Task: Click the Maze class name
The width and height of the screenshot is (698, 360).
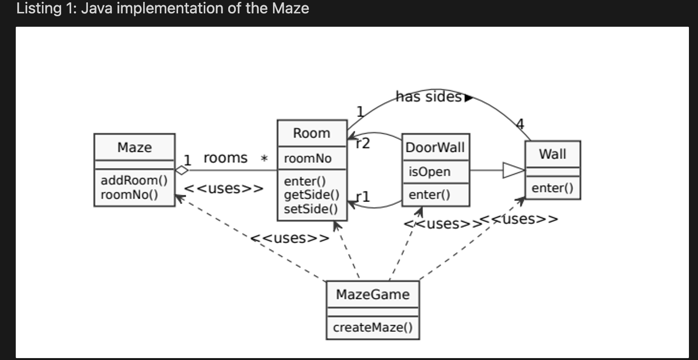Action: [134, 147]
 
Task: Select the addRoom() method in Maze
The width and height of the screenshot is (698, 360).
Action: [134, 180]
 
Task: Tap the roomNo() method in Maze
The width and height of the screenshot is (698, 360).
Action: [129, 194]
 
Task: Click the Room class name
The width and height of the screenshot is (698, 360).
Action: [311, 133]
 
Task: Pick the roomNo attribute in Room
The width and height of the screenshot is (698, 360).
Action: [307, 159]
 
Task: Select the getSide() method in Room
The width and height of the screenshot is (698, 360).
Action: [311, 195]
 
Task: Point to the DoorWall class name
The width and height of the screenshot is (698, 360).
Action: [434, 147]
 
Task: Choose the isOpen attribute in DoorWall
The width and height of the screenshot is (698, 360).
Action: [429, 172]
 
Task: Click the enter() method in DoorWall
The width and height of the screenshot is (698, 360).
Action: [429, 195]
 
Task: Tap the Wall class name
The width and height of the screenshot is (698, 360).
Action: [552, 154]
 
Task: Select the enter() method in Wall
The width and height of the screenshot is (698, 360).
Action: [552, 188]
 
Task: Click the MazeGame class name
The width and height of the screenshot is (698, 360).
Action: [372, 294]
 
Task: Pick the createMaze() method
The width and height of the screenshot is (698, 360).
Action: [372, 328]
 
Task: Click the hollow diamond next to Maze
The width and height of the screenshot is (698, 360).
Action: [182, 170]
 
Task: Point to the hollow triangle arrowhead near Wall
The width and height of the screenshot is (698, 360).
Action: [513, 170]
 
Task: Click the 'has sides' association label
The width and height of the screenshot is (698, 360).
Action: [428, 97]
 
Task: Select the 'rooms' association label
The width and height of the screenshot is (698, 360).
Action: [225, 158]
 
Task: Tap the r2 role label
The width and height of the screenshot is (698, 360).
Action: [363, 143]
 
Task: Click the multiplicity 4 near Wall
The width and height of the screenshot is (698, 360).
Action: [520, 125]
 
